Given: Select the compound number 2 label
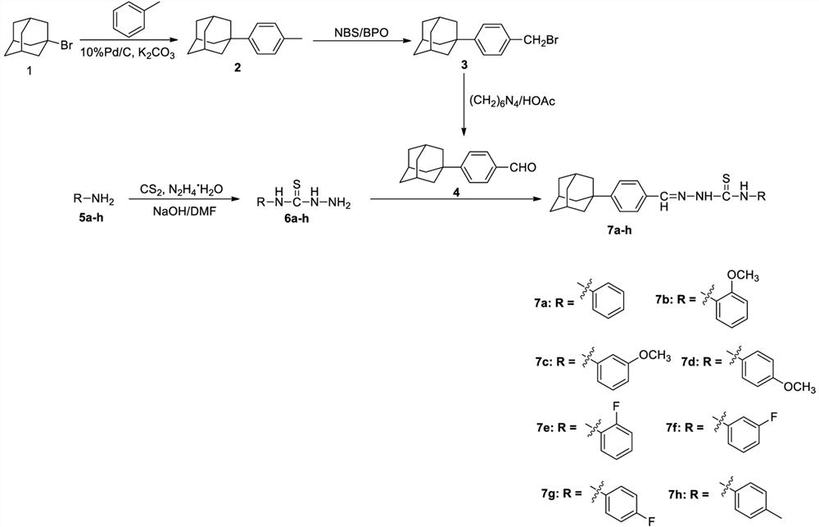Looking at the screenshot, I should click(x=238, y=70).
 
